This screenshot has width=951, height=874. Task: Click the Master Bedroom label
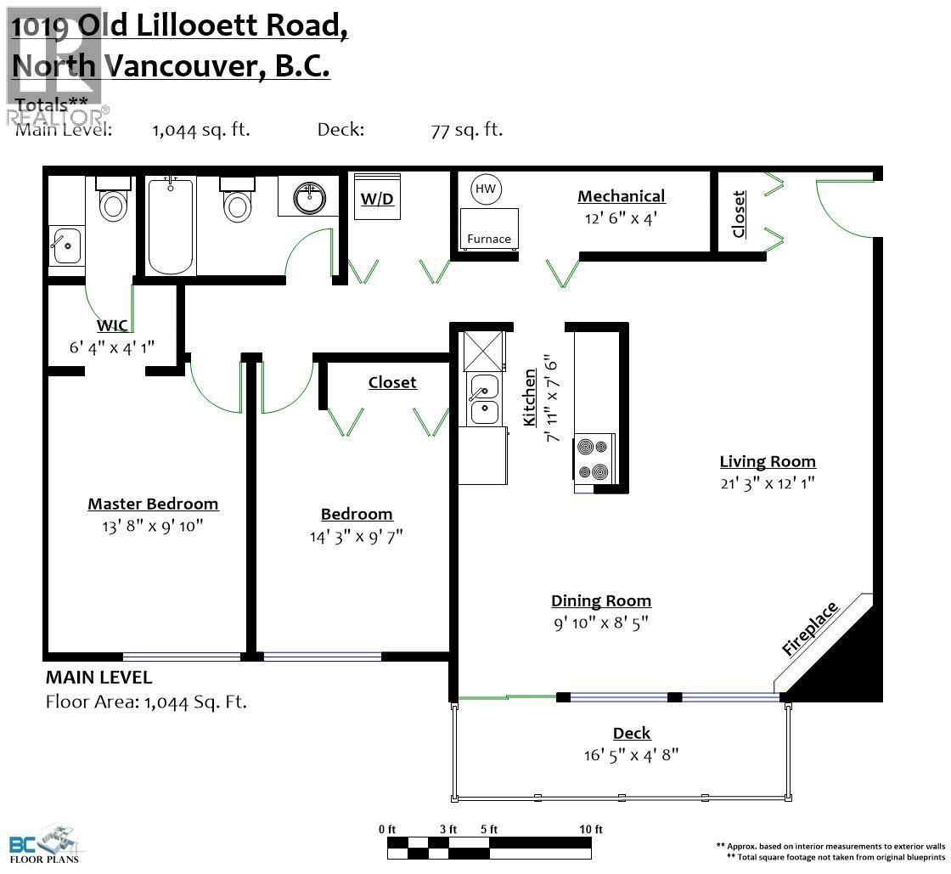pyautogui.click(x=153, y=504)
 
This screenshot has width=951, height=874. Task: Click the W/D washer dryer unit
pyautogui.click(x=377, y=199)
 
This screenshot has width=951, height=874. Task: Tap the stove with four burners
pyautogui.click(x=595, y=459)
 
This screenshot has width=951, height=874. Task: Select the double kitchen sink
pyautogui.click(x=484, y=399)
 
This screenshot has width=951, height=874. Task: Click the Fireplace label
pyautogui.click(x=810, y=629)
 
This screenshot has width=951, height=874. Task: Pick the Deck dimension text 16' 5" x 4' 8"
pyautogui.click(x=632, y=754)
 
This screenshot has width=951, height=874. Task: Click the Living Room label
pyautogui.click(x=768, y=462)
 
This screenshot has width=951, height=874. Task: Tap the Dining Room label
pyautogui.click(x=601, y=601)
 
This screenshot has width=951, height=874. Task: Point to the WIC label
pyautogui.click(x=112, y=326)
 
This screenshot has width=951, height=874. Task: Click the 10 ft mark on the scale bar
pyautogui.click(x=591, y=830)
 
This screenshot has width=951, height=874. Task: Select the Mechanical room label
pyautogui.click(x=621, y=196)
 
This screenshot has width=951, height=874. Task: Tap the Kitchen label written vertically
pyautogui.click(x=530, y=398)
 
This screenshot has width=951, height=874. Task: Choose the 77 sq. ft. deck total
pyautogui.click(x=466, y=130)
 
